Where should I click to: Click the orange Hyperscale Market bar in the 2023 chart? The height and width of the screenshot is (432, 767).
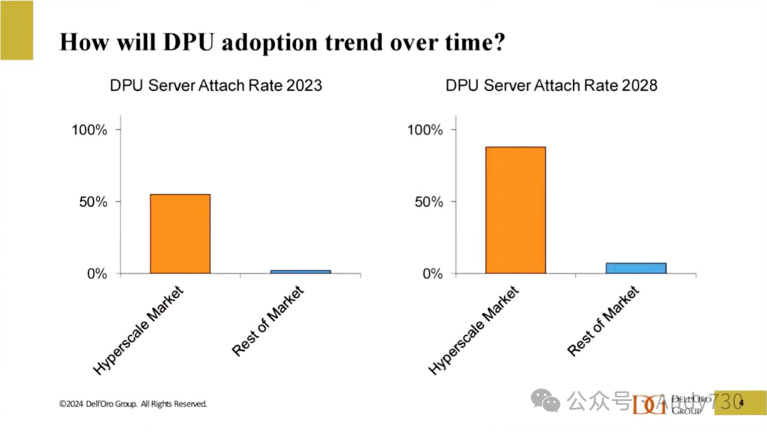point(180,234)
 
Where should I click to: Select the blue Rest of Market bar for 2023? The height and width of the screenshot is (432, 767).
point(300,271)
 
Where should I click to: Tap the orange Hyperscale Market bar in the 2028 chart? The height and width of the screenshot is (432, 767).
point(516,210)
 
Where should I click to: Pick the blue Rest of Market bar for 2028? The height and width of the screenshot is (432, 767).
point(636,268)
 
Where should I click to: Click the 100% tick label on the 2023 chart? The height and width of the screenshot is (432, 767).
point(89,130)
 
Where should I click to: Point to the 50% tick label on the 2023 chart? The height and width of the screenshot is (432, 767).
point(93,202)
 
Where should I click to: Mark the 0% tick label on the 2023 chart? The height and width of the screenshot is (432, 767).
point(97,274)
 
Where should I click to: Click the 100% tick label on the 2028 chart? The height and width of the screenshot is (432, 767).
point(425,130)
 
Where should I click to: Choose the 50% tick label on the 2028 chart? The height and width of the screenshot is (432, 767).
point(428,202)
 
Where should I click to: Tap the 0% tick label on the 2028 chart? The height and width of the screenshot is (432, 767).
point(432,274)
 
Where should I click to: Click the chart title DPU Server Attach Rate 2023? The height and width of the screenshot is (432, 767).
point(216,86)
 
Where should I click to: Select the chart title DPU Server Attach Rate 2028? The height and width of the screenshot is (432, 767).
point(551,86)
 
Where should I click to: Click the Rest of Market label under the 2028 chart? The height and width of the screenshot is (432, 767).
point(604,320)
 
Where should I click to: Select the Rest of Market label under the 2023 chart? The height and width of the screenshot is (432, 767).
point(268,320)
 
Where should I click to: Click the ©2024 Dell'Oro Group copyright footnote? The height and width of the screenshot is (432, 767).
point(133,404)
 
